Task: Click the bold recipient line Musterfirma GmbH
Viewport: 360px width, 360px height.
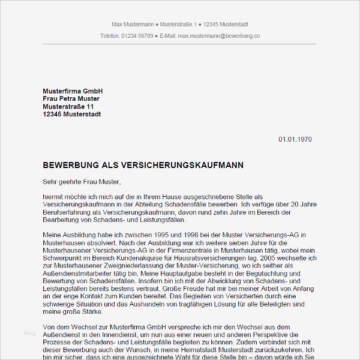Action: pyautogui.click(x=68, y=91)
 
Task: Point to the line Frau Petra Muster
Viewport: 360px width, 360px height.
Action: pyautogui.click(x=71, y=98)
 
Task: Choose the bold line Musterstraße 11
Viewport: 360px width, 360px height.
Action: pyautogui.click(x=68, y=106)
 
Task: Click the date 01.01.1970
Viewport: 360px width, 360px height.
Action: pyautogui.click(x=295, y=139)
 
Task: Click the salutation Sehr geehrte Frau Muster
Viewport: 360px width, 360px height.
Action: pyautogui.click(x=82, y=181)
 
